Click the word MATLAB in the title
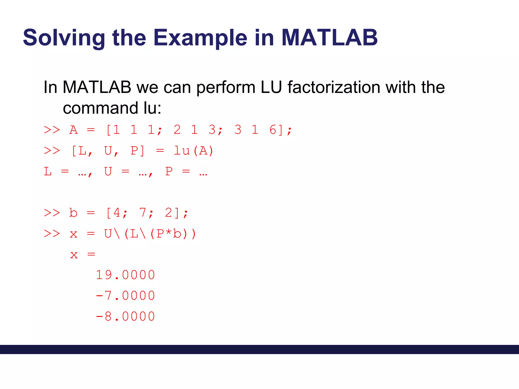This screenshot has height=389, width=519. [329, 38]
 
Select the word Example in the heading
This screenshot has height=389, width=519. [200, 38]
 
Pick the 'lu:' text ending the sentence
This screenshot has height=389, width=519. [152, 108]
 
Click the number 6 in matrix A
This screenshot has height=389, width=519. [273, 130]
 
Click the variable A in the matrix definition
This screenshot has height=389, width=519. [73, 130]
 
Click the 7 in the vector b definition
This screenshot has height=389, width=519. [143, 213]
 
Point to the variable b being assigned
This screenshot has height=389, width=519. [73, 213]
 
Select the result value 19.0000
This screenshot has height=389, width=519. [125, 275]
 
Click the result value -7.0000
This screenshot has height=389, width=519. [125, 296]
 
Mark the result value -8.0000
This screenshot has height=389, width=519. [125, 317]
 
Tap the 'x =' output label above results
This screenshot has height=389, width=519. [83, 255]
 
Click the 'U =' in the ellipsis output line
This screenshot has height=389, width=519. [117, 172]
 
